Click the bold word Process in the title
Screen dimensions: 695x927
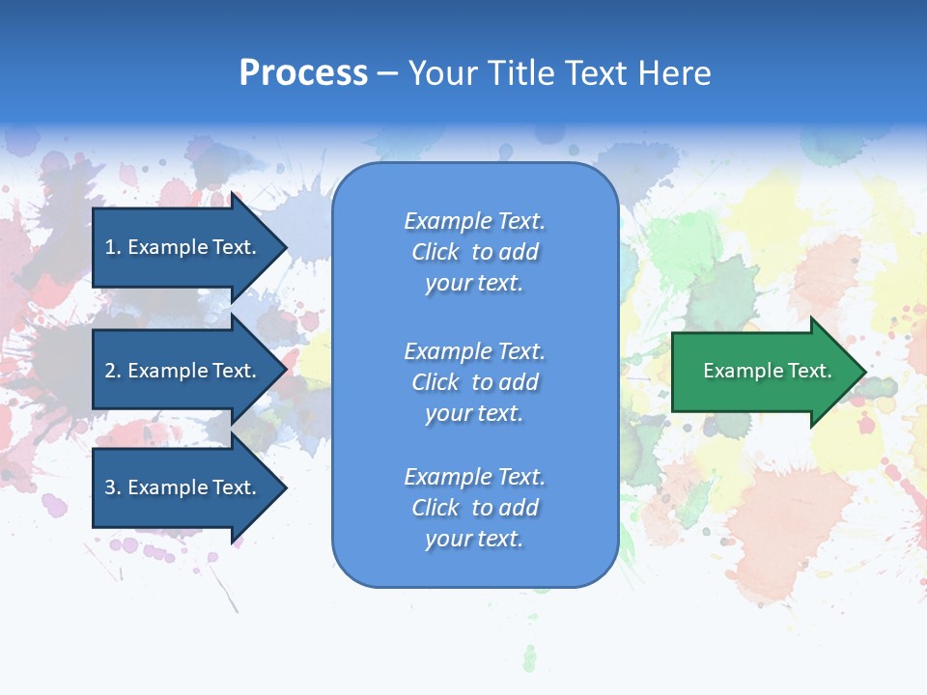303,73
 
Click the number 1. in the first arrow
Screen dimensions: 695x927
113,247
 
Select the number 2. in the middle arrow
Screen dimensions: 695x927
113,371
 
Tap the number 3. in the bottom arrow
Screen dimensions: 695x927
113,487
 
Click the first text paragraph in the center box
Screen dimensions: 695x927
474,252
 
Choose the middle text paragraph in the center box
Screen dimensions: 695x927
474,382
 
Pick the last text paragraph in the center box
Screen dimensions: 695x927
474,508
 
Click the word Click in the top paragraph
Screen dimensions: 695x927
435,252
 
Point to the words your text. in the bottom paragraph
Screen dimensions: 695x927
474,539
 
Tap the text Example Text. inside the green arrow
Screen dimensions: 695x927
767,371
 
